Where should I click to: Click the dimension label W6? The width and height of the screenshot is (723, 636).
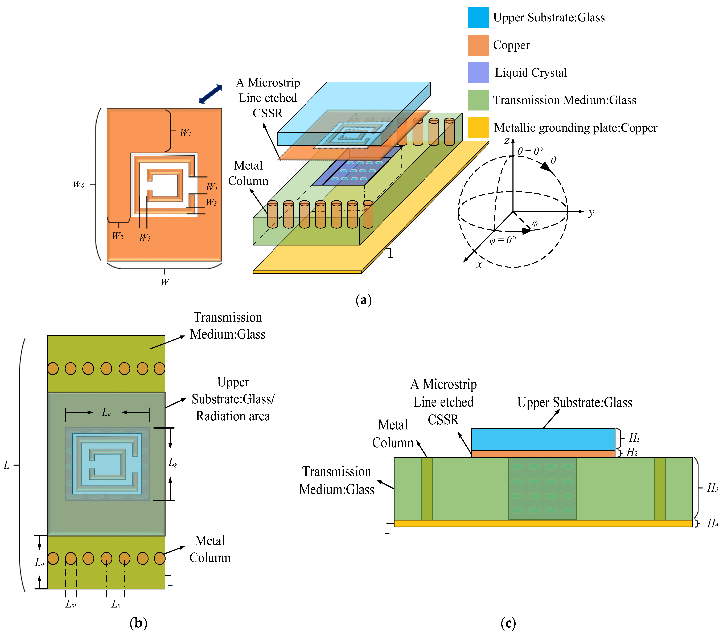coord(79,184)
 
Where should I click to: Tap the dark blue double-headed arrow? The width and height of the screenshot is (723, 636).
coord(211,94)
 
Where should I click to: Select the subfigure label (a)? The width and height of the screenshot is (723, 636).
coord(363,300)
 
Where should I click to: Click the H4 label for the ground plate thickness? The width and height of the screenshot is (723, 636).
coord(712,524)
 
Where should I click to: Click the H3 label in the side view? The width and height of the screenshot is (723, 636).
coord(712,488)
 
